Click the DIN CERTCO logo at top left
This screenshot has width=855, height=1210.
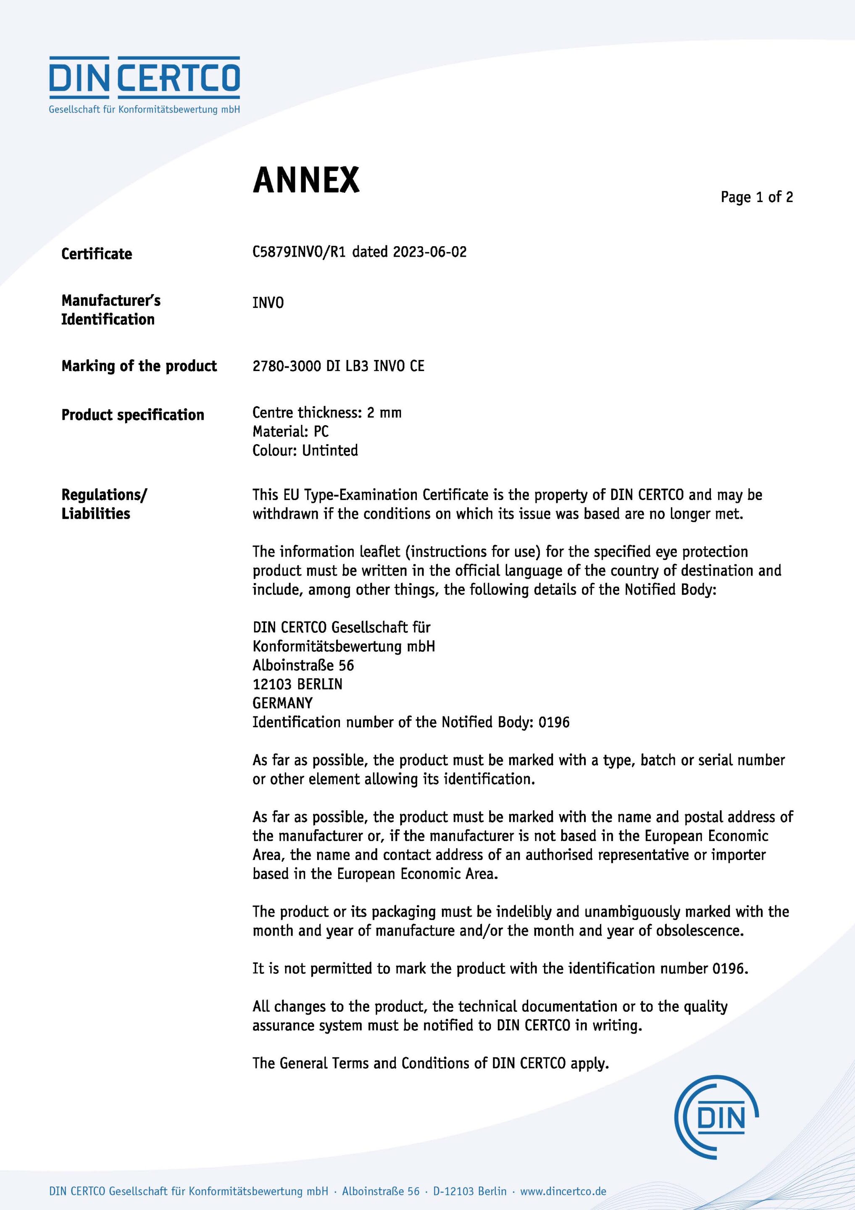tap(145, 84)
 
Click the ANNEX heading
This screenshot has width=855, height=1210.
tap(306, 180)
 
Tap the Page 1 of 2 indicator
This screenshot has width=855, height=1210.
tap(756, 197)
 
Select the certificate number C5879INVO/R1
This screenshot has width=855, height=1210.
tap(299, 252)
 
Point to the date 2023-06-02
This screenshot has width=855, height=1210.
tap(430, 252)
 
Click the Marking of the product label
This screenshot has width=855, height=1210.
tap(139, 366)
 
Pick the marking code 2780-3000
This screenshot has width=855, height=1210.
tap(286, 366)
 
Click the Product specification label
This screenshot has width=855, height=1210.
tap(133, 415)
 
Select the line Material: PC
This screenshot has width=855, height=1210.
tap(290, 431)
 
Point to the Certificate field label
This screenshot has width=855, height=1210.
tap(97, 254)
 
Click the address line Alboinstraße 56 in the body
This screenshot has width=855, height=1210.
tap(303, 665)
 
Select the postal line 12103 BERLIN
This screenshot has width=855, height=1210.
tap(297, 684)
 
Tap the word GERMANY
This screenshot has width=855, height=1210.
tap(282, 703)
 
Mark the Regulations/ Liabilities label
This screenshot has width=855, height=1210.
tap(104, 504)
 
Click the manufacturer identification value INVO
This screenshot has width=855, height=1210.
tap(268, 302)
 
